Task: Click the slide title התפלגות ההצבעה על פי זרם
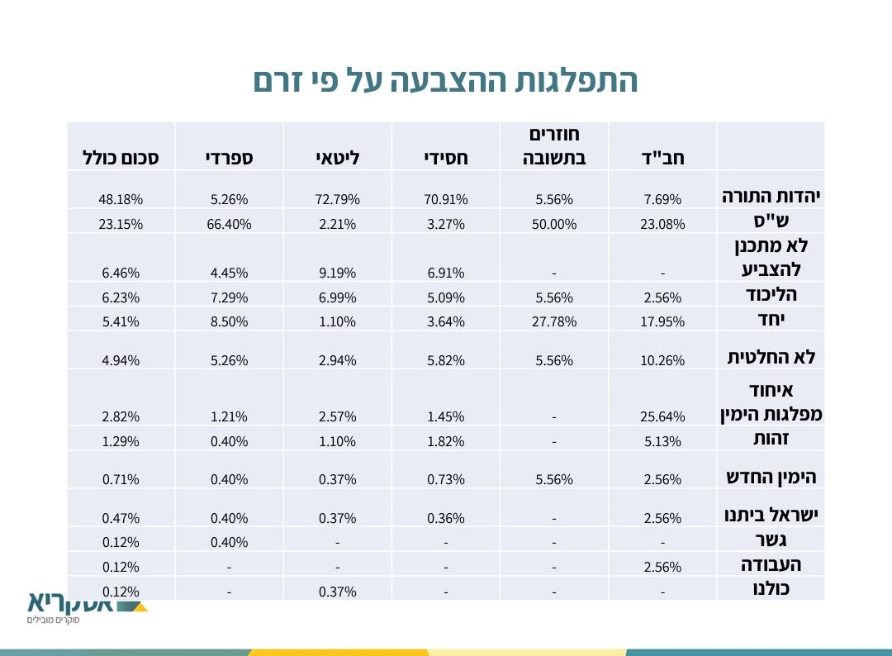point(445,82)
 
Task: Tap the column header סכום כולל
point(121,157)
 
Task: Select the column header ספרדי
point(229,157)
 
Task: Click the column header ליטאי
point(338,157)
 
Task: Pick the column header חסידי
point(446,157)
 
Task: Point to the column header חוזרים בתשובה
point(554,145)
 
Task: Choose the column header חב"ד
point(662,157)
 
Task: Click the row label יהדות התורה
point(771,197)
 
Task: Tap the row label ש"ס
point(771,221)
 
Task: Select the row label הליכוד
point(771,295)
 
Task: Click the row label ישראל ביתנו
point(771,516)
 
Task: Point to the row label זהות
point(771,440)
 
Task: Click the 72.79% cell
point(338,199)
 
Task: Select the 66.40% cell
point(229,224)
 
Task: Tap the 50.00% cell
point(554,224)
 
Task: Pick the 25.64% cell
point(662,417)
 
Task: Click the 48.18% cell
point(121,199)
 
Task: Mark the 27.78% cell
point(554,321)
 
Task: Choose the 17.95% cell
point(662,321)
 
